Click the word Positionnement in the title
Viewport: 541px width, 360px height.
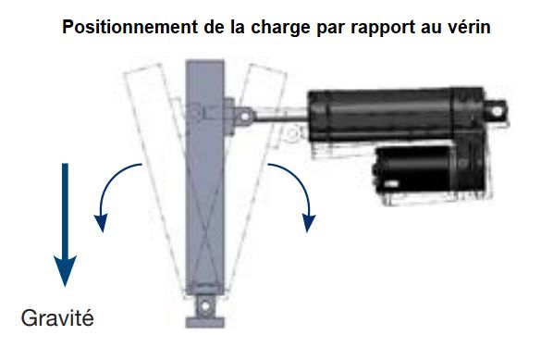130,27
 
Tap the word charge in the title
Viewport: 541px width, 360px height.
280,27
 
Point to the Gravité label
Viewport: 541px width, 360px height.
57,317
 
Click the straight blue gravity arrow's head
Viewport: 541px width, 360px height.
65,271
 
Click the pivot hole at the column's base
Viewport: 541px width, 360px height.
205,305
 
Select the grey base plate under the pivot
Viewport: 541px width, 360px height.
205,322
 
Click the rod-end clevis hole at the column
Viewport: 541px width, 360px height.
245,116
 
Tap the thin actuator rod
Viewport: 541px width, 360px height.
281,119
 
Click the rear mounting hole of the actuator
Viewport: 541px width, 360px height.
498,111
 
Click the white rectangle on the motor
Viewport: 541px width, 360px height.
391,183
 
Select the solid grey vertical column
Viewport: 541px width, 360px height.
205,177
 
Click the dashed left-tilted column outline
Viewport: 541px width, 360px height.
154,172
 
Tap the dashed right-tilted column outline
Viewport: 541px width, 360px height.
257,172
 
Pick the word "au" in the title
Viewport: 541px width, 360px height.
429,29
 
